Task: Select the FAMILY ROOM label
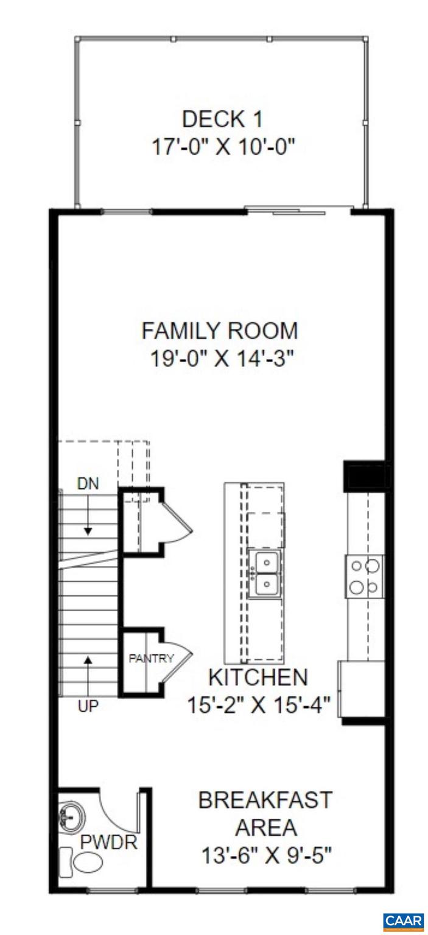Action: point(220,331)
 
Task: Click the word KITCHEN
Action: point(258,677)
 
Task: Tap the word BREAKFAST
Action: point(265,800)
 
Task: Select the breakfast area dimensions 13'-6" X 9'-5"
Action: point(266,856)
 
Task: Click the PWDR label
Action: point(108,844)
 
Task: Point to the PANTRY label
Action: point(151,658)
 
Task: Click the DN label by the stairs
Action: point(88,484)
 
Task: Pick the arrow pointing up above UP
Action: point(89,670)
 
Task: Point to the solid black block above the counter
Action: point(365,476)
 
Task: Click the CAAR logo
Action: point(403,921)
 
